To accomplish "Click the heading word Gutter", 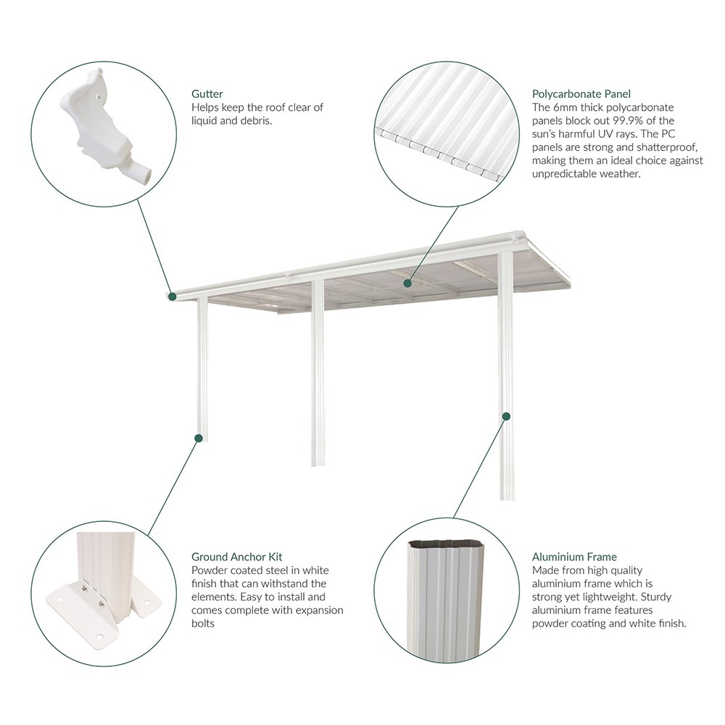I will (x=207, y=94).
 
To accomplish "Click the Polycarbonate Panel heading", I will (x=581, y=94).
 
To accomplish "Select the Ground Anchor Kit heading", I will (x=236, y=557).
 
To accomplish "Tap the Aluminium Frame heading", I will (x=574, y=557).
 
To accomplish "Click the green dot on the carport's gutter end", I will (x=173, y=295).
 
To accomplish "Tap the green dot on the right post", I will (x=506, y=416).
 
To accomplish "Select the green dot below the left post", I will (x=197, y=437).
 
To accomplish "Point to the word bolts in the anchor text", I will (x=204, y=623).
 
